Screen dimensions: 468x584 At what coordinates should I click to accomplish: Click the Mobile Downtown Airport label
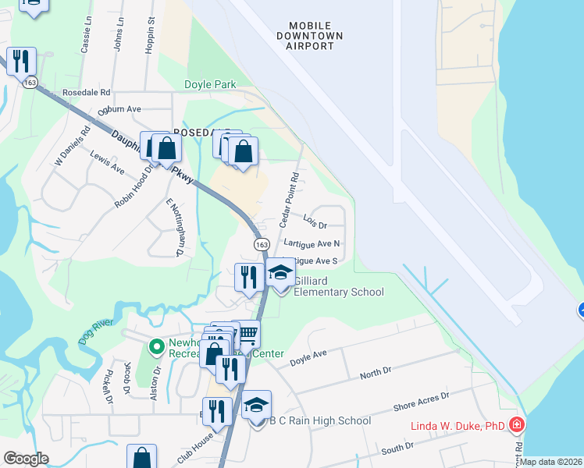coord(310,36)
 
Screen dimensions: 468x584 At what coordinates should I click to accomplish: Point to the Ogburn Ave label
coord(119,110)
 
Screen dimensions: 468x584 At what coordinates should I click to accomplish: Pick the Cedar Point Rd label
coord(289,200)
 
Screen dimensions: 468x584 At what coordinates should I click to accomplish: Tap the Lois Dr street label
coord(315,223)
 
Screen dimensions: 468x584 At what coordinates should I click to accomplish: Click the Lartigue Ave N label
coord(312,243)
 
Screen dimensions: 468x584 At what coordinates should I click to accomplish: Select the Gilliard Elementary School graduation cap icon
coord(280,273)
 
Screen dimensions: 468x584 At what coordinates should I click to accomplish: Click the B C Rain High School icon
coord(256,406)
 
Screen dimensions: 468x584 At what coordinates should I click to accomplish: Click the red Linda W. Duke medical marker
coord(516,425)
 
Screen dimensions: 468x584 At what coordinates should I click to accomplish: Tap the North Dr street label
coord(376,375)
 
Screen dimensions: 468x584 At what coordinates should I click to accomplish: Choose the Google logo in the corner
coord(26,459)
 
